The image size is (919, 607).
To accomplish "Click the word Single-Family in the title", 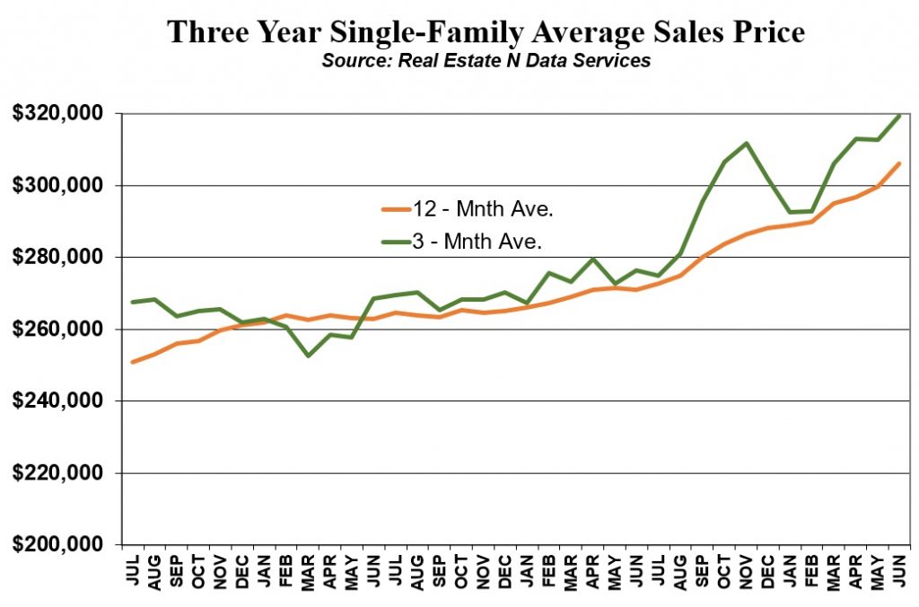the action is point(424,33).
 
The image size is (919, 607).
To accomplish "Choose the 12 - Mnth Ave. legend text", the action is point(483,209).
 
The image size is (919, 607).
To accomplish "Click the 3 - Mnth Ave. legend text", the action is point(477,241).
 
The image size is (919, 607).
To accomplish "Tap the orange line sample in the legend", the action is point(396,209).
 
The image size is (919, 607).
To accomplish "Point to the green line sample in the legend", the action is point(396,241).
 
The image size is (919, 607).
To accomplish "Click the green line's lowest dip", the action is point(308,356).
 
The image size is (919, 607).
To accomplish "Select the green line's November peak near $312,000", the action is point(746,143).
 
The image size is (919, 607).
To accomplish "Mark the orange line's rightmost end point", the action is point(899,163).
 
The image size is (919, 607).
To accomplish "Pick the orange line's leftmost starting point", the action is point(133,362).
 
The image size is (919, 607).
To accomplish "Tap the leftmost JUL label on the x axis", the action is point(133,570).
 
